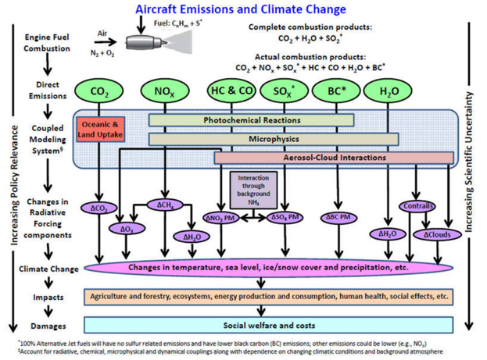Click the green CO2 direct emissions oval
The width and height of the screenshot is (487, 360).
(x=99, y=92)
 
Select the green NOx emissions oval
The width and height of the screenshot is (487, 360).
(x=163, y=92)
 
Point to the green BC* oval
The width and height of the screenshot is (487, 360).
(x=338, y=91)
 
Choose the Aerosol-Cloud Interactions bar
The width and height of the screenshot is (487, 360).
(x=334, y=158)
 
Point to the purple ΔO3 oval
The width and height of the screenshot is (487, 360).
(x=123, y=229)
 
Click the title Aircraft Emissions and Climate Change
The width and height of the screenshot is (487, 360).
(x=240, y=9)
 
